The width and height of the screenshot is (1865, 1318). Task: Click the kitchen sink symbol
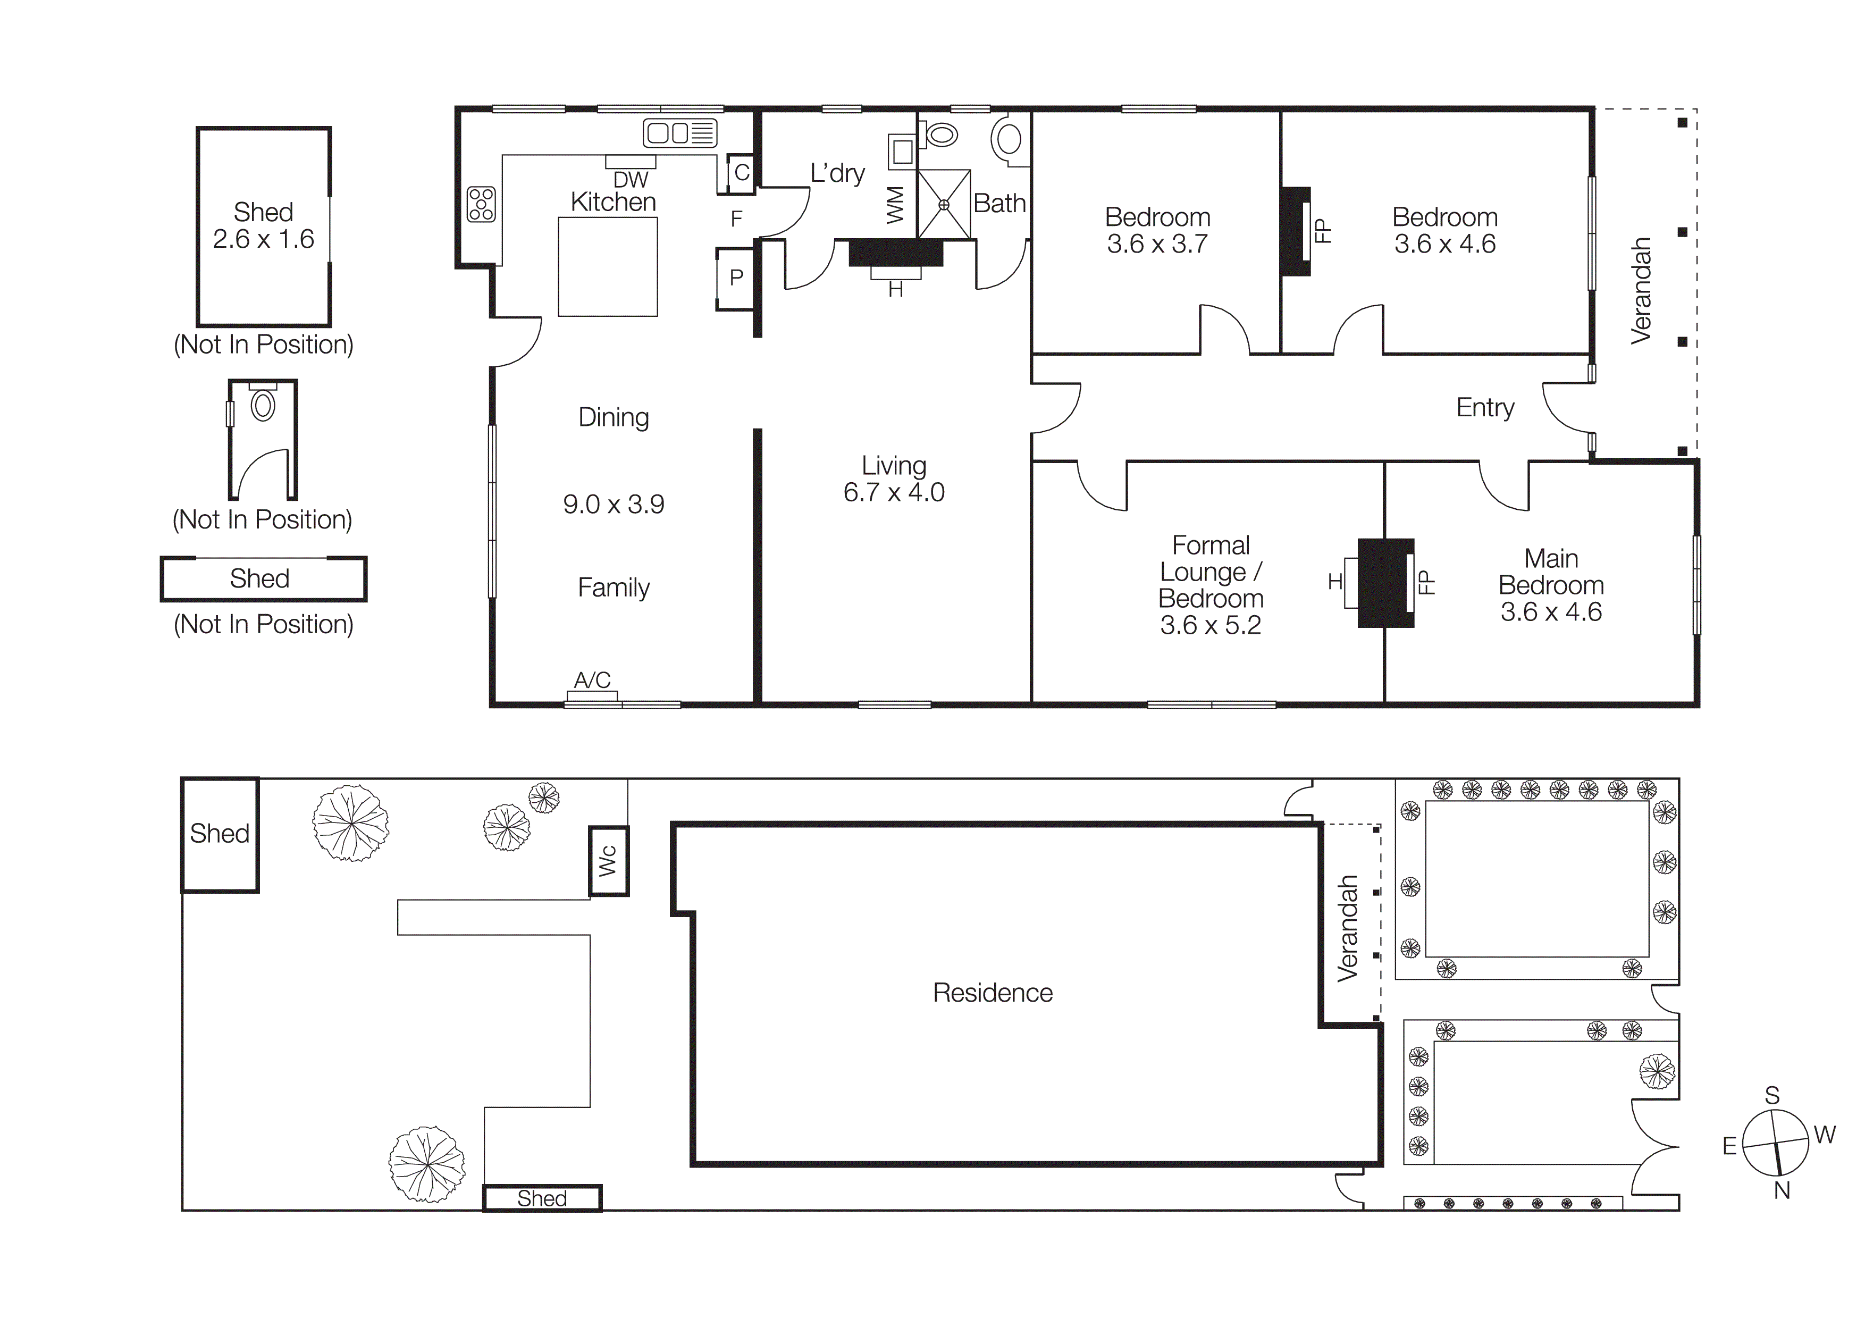[680, 132]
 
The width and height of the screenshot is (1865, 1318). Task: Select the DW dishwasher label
[631, 180]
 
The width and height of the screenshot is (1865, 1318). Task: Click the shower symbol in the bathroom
[944, 205]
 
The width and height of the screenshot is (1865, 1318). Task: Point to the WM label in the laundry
[895, 205]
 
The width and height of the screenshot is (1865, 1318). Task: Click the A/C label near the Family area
[592, 679]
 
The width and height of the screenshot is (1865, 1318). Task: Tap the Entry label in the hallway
[1485, 408]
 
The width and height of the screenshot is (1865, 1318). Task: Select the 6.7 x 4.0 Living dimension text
[894, 492]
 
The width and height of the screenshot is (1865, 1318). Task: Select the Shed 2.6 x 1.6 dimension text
[263, 239]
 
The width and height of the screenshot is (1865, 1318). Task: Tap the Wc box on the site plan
[608, 861]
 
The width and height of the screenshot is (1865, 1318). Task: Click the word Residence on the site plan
[992, 993]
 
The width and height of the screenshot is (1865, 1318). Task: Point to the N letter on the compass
[1782, 1190]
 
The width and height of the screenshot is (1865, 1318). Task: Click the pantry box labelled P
[736, 278]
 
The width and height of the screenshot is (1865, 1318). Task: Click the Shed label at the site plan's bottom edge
[542, 1198]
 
